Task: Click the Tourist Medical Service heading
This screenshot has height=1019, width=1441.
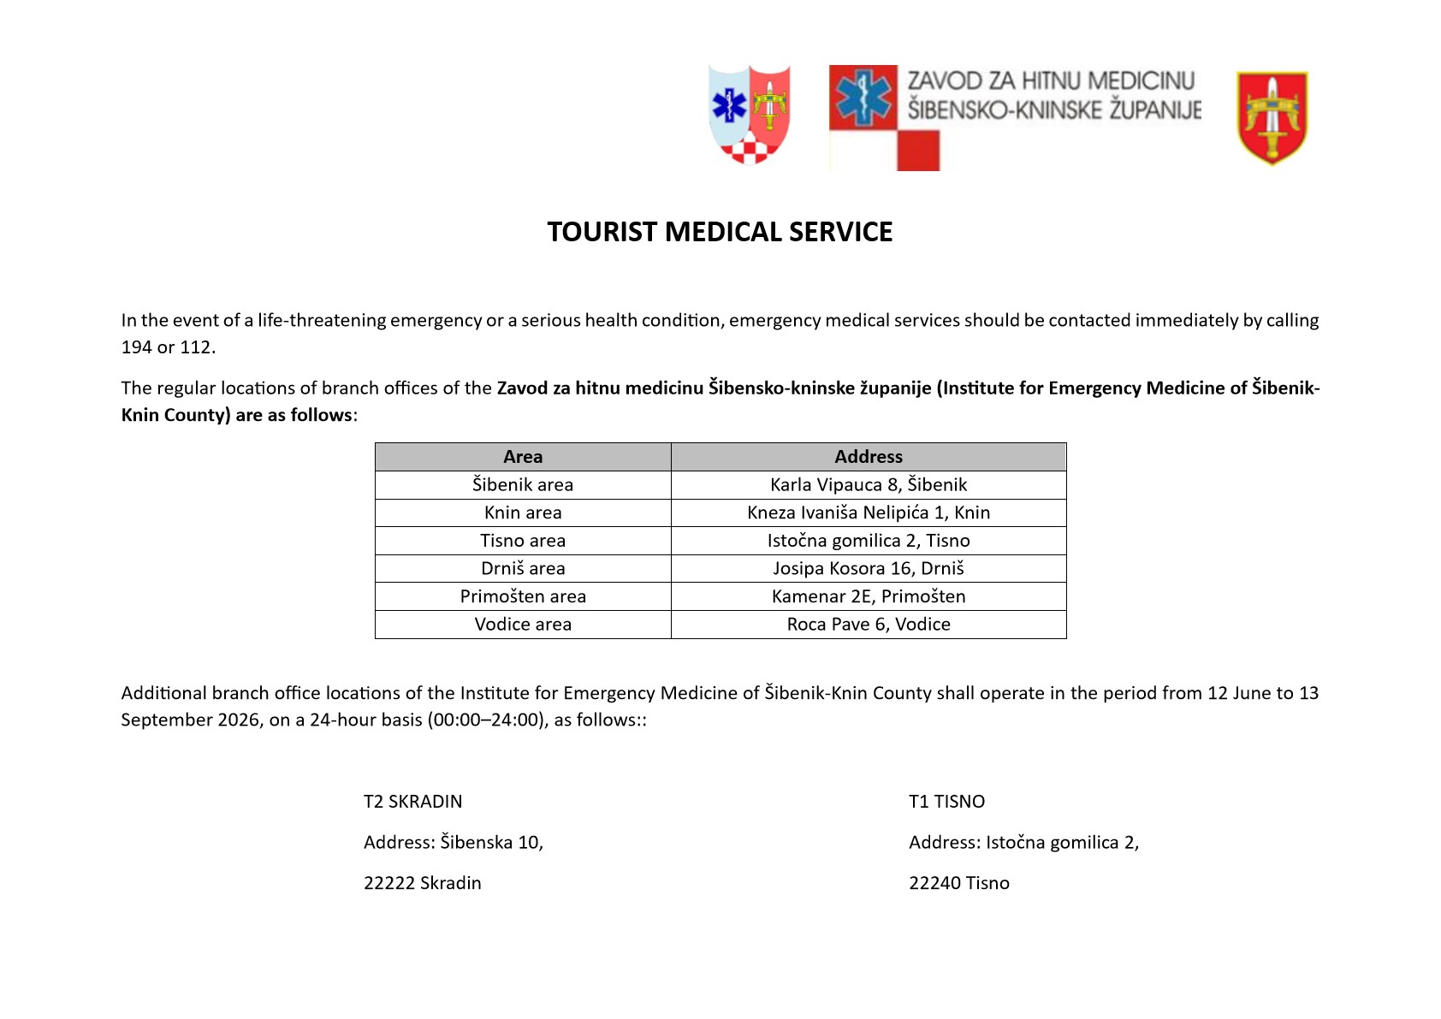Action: click(720, 232)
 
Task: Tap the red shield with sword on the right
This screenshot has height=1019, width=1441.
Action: click(1272, 118)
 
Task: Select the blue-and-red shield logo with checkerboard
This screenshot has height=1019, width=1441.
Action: click(750, 114)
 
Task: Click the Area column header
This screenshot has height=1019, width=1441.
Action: click(523, 457)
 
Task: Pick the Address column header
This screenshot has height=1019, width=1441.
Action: click(869, 457)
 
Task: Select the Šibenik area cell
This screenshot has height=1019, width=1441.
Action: click(523, 485)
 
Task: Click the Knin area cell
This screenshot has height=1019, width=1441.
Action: click(523, 512)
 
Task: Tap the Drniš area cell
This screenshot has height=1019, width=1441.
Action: click(523, 569)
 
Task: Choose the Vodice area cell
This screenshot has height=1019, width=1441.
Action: click(523, 625)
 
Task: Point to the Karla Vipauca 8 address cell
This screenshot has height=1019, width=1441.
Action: click(869, 485)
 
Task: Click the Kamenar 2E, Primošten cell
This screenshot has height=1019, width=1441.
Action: click(869, 596)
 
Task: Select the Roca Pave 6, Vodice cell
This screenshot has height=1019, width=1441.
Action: click(869, 625)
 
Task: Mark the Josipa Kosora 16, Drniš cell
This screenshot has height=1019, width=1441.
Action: click(869, 569)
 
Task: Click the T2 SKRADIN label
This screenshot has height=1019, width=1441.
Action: click(412, 802)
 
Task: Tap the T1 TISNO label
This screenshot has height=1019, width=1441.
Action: click(946, 802)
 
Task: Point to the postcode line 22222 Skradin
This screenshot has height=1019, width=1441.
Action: click(423, 883)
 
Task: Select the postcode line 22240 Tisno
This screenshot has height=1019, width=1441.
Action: click(959, 883)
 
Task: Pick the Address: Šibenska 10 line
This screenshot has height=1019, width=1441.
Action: click(454, 843)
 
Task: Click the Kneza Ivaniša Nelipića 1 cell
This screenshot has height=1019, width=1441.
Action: click(869, 512)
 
